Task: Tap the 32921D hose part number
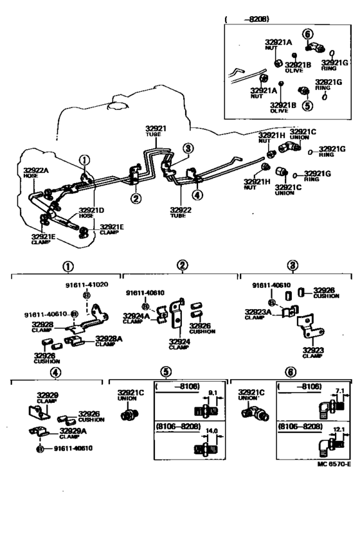click(90, 210)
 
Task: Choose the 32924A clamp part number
click(137, 316)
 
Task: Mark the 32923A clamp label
click(257, 311)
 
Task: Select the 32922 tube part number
click(181, 209)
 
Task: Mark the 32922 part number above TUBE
click(181, 209)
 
